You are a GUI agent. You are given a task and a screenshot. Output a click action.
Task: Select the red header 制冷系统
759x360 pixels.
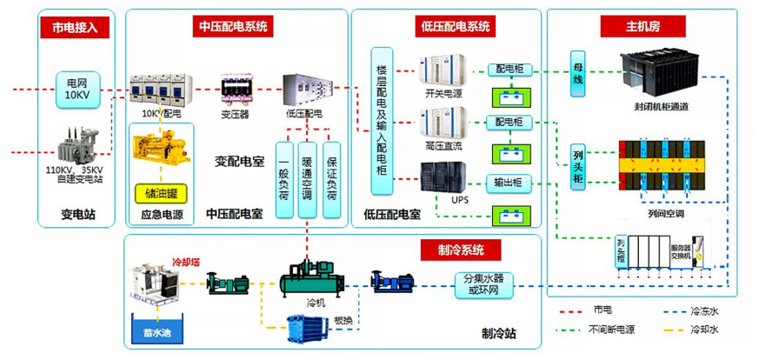462,251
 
